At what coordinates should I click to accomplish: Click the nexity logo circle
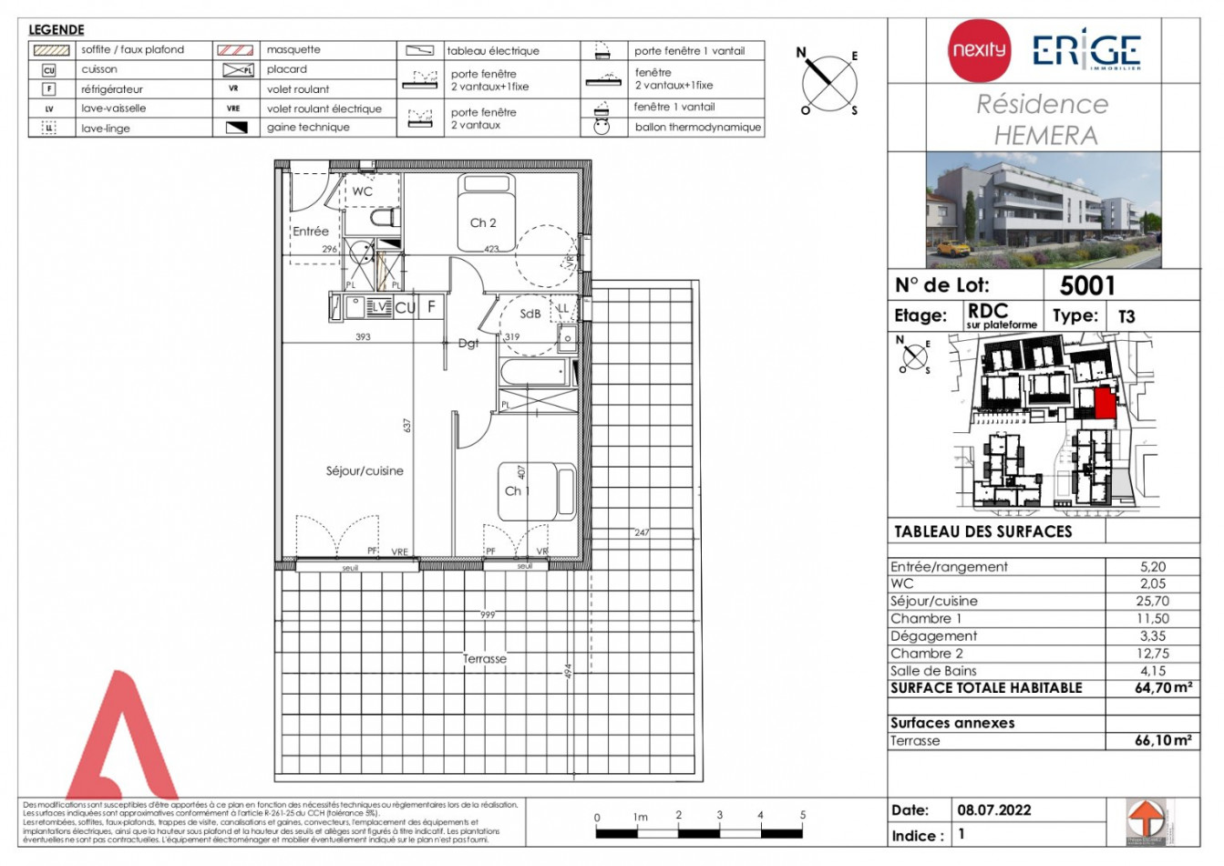(x=979, y=50)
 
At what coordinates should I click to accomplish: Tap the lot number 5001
(x=1087, y=286)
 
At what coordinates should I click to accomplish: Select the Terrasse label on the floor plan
(x=484, y=659)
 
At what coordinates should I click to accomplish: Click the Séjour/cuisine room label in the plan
(x=365, y=471)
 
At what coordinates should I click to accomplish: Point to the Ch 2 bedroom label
(x=483, y=223)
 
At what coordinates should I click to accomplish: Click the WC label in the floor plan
(x=363, y=191)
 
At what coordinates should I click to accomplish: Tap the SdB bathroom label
(x=530, y=314)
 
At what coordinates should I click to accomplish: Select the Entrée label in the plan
(x=311, y=232)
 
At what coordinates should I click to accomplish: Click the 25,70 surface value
(x=1152, y=602)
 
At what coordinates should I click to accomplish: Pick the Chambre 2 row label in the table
(x=926, y=654)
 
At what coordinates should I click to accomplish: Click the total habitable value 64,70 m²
(x=1162, y=688)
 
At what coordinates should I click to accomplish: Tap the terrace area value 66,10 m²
(x=1162, y=741)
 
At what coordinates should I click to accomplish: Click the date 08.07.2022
(x=993, y=810)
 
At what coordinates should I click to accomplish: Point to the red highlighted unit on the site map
(x=1105, y=403)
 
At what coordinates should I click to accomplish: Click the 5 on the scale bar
(x=803, y=815)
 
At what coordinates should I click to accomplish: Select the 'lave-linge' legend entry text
(x=106, y=129)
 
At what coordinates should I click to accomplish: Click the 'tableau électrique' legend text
(x=493, y=51)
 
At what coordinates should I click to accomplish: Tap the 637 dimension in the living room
(x=408, y=426)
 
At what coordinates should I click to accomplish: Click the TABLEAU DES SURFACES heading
(x=982, y=531)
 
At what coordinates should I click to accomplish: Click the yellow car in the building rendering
(x=952, y=248)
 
